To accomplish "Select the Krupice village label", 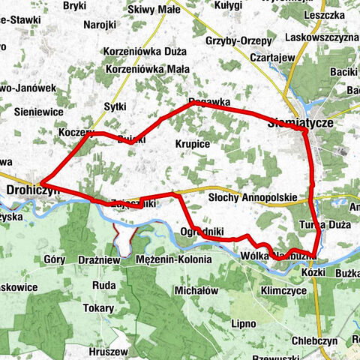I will [192, 142].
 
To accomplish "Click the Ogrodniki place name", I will [202, 232].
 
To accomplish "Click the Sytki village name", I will [115, 106].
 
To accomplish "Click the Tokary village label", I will [99, 307].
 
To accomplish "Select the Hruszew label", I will [105, 350].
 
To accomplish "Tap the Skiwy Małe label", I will [154, 10].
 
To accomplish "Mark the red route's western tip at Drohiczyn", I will [42, 182].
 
